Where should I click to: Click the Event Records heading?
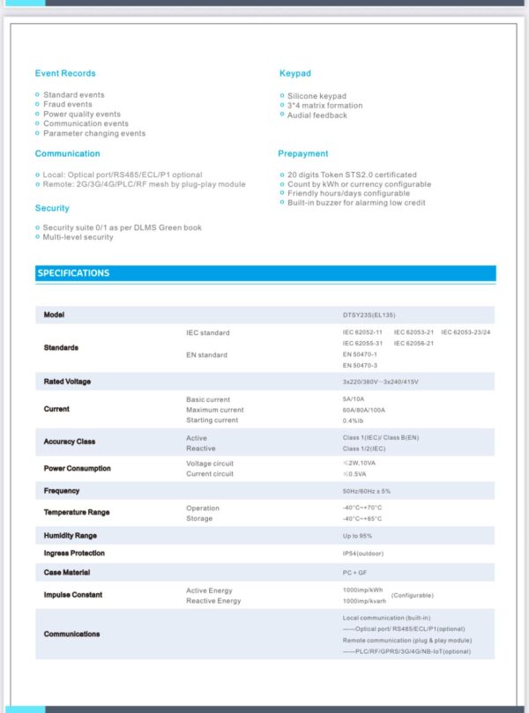(65, 73)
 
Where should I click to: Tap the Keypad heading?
(295, 73)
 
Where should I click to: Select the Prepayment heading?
(303, 153)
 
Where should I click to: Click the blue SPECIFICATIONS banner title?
(73, 273)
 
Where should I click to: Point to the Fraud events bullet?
(68, 105)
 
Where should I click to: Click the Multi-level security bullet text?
(78, 237)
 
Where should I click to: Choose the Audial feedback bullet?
(317, 115)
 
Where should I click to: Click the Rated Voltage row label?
(67, 382)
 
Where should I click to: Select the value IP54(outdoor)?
(363, 553)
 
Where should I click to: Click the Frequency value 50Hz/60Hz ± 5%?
(366, 491)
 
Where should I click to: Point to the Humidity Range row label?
(71, 536)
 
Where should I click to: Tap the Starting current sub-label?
(212, 420)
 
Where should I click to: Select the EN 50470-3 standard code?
(360, 365)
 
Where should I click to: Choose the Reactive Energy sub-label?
(213, 601)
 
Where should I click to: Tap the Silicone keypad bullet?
(317, 95)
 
